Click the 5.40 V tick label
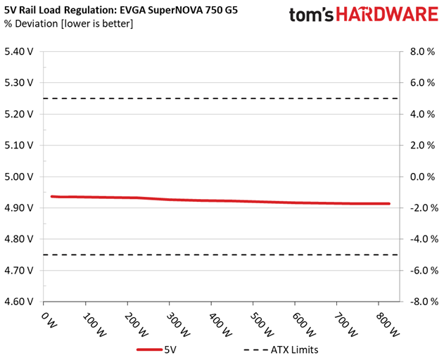point(19,51)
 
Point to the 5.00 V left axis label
point(19,177)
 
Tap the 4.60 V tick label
point(19,302)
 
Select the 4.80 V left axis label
point(19,239)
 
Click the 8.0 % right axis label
point(422,51)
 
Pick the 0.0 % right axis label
point(422,177)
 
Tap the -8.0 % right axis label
point(423,302)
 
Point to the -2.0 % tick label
point(423,208)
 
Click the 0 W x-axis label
point(49,320)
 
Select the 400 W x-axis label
point(220,324)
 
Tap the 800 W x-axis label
point(388,324)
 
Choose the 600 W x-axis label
point(304,324)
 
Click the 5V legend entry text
point(170,350)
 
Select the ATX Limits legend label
point(295,350)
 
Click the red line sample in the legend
point(149,350)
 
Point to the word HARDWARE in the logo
point(387,15)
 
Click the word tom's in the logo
point(311,15)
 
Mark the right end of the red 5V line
point(389,203)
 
